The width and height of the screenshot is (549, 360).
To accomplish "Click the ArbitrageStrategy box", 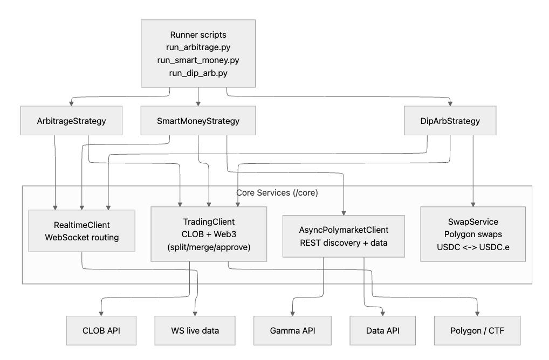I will tap(71, 121).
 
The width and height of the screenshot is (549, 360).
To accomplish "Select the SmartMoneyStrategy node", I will tap(198, 121).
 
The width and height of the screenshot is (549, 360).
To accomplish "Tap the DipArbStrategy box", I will tap(450, 121).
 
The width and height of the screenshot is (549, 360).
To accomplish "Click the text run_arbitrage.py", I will tap(198, 47).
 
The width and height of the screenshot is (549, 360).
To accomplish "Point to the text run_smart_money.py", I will tap(198, 60).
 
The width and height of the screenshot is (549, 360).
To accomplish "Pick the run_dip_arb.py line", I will tap(198, 72).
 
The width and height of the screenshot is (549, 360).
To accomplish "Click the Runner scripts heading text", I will tap(198, 35).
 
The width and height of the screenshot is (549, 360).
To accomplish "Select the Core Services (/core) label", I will tap(277, 192).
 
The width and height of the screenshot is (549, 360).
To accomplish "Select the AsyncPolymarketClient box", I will tap(344, 235).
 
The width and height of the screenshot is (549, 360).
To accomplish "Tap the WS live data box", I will tap(195, 330).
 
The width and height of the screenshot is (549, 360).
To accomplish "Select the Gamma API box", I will tap(292, 330).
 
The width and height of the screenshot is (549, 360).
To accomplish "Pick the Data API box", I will tap(383, 330).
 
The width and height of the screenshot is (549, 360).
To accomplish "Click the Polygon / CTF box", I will tap(477, 330).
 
